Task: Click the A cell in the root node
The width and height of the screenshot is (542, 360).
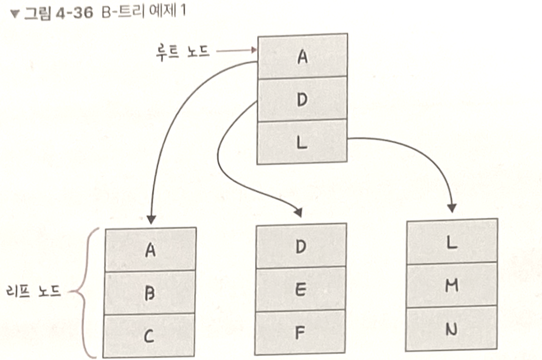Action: coord(302,57)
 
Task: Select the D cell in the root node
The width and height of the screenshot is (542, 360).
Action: coord(302,99)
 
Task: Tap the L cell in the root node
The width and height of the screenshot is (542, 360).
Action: coord(302,141)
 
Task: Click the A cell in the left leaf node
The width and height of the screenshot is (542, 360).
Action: coord(150,250)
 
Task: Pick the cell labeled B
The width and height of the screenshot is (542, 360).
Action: coord(150,293)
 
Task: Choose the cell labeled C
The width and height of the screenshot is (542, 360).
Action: coord(150,335)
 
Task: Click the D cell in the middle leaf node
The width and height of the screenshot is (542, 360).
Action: coord(301,246)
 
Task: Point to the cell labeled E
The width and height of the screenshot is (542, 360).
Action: coord(301,289)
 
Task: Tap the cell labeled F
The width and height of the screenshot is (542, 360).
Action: coord(301,332)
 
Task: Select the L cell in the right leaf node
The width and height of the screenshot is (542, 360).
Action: coord(452,242)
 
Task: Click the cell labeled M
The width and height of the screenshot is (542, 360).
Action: coord(452,285)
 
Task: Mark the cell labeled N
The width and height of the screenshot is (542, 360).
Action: coord(452,329)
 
